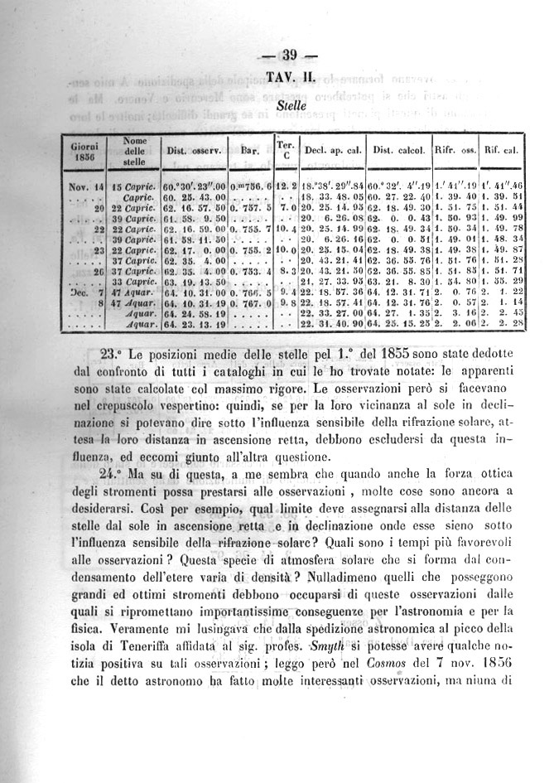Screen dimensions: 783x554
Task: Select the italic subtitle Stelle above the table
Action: point(290,106)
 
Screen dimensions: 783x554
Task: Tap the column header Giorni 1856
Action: point(84,152)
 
